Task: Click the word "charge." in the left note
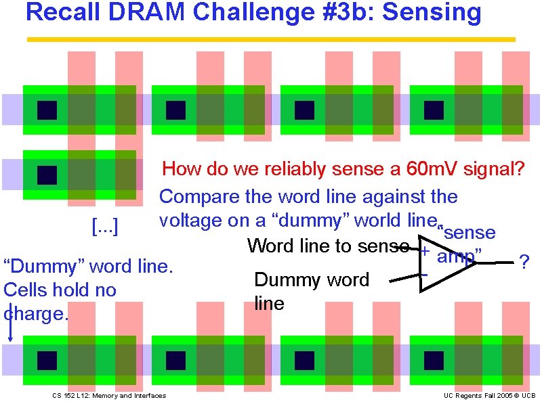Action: (x=37, y=314)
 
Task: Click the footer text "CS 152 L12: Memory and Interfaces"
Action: (x=108, y=395)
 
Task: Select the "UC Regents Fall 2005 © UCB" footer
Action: (x=490, y=395)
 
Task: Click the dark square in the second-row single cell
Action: (x=47, y=175)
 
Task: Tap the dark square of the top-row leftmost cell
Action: (x=47, y=110)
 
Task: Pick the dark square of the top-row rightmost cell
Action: (x=434, y=110)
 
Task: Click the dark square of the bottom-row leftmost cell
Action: (x=47, y=360)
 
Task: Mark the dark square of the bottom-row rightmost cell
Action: (x=434, y=360)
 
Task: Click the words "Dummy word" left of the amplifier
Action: (x=311, y=279)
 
